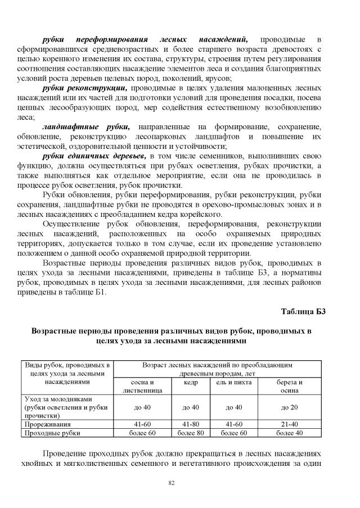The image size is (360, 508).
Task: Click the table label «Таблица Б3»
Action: pyautogui.click(x=303, y=311)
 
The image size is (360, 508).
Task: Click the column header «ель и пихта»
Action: pyautogui.click(x=237, y=383)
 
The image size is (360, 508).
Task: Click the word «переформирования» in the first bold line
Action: pyautogui.click(x=115, y=40)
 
